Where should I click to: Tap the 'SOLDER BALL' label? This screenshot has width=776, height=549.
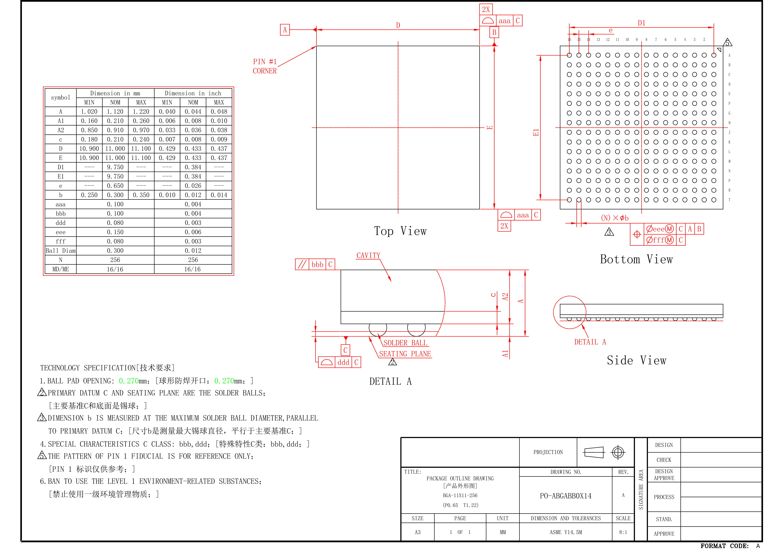405,343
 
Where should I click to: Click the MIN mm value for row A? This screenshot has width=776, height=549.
89,112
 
